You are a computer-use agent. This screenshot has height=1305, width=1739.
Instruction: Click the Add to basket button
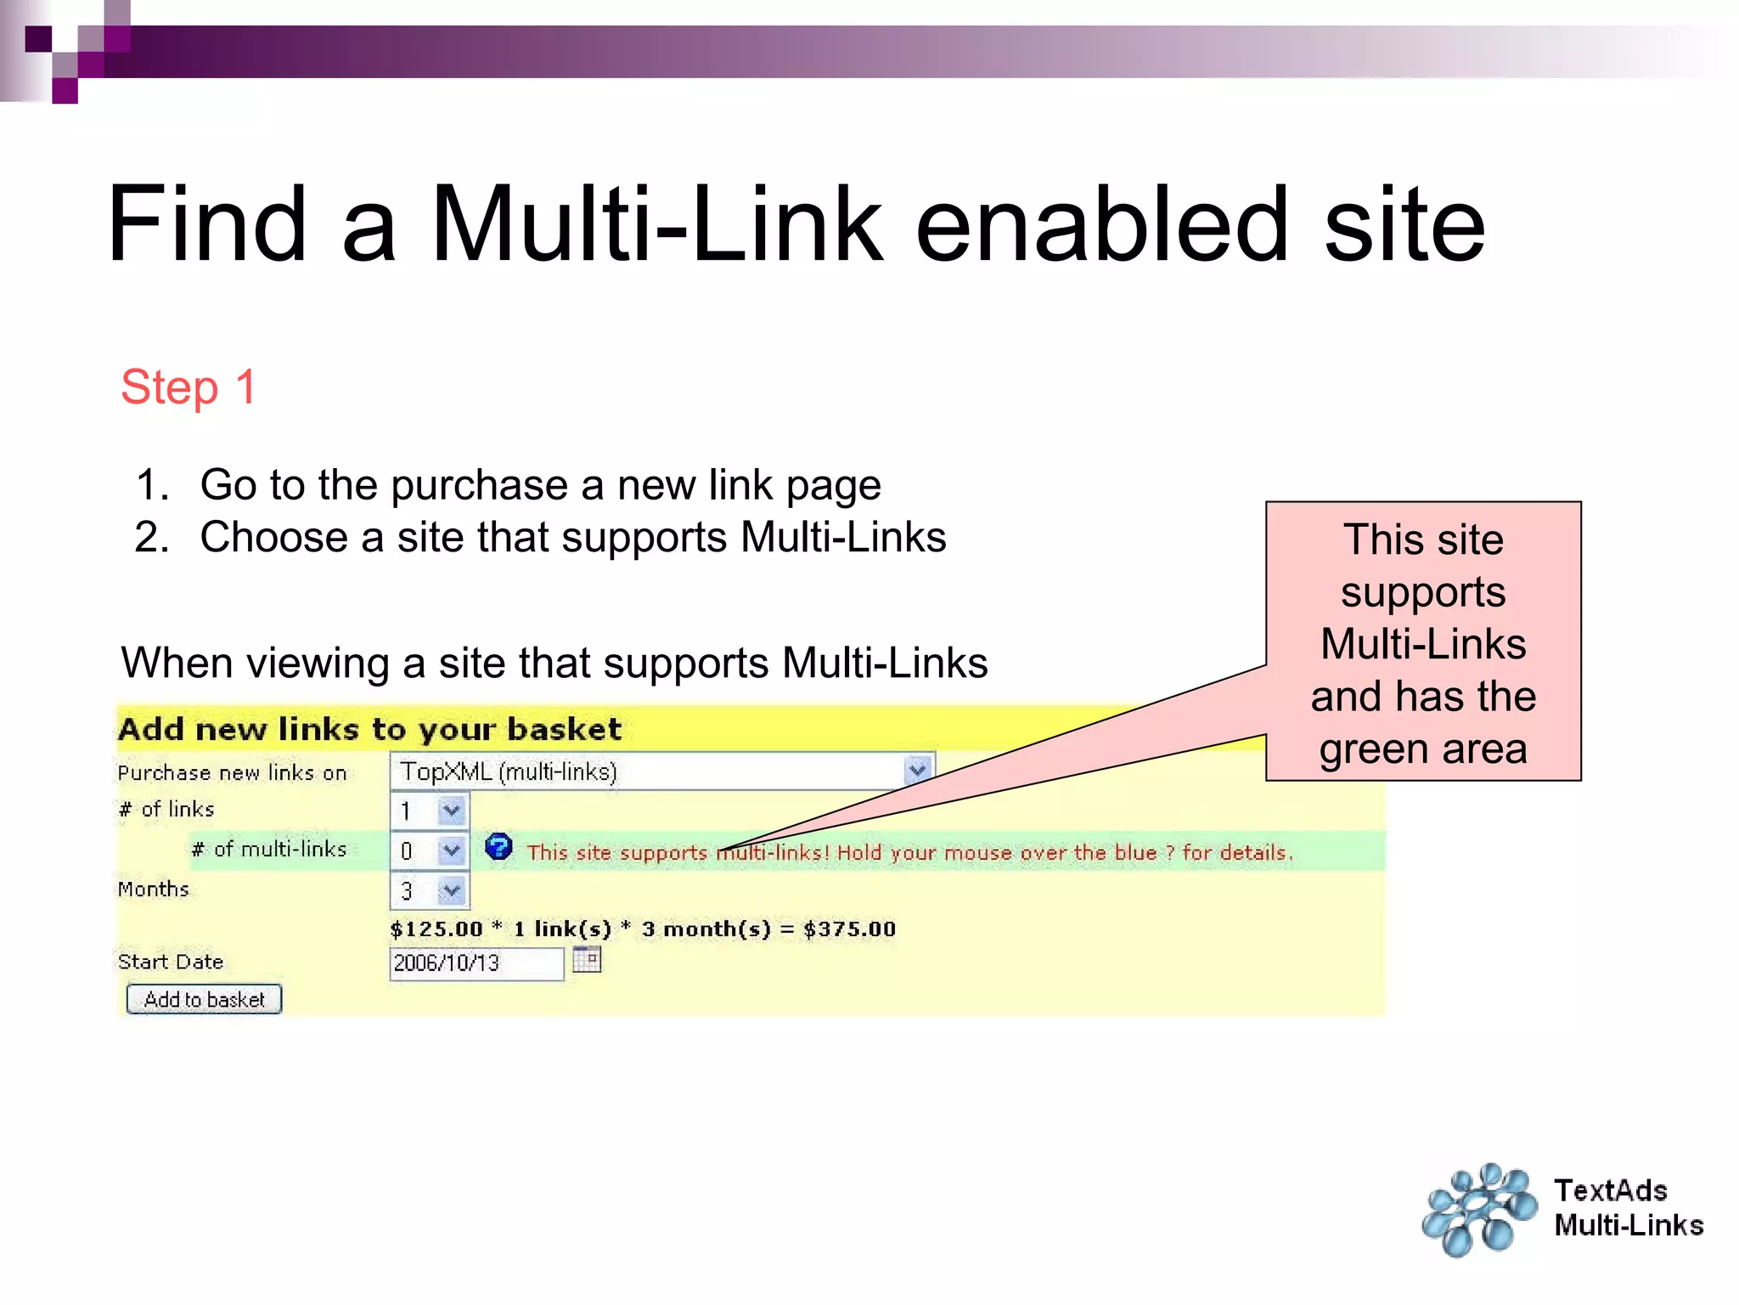coord(204,999)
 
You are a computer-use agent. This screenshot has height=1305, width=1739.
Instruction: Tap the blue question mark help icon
coord(498,847)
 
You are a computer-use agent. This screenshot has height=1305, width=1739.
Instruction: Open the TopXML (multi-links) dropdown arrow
coord(916,771)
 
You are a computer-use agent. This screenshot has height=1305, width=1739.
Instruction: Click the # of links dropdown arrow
coord(451,811)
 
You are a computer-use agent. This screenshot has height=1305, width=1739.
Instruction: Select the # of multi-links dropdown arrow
coord(451,850)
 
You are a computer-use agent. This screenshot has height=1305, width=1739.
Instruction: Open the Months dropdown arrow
coord(451,890)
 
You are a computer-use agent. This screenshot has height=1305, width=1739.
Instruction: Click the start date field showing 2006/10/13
coord(476,963)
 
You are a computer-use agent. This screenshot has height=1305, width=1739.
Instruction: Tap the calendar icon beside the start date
coord(586,960)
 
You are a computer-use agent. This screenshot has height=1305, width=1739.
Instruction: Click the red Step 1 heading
coord(188,387)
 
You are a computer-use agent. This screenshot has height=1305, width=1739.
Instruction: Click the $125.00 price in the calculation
coord(436,929)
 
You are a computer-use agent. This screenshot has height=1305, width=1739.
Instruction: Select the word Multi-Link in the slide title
coord(657,224)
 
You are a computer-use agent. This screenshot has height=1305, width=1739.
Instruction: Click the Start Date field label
coord(171,962)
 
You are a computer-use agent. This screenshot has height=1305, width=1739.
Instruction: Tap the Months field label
coord(154,890)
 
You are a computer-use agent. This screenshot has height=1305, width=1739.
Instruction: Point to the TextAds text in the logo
coord(1611,1190)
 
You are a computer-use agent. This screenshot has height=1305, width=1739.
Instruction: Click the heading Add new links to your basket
coord(369,729)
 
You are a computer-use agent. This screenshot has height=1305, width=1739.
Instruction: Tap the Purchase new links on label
coord(232,772)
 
